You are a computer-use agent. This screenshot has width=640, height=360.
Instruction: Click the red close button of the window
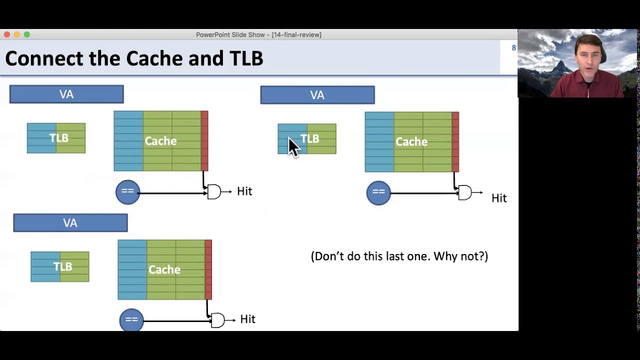7,34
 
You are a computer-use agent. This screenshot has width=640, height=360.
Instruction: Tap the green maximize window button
27,34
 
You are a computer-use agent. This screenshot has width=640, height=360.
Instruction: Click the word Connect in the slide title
44,58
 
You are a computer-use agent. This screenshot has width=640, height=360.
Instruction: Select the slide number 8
513,48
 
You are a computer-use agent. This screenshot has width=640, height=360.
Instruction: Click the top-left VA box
66,94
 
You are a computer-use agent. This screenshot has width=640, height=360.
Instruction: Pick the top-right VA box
317,95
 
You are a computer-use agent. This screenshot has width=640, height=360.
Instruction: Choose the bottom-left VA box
70,223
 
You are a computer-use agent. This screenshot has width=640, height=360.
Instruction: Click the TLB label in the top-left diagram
58,138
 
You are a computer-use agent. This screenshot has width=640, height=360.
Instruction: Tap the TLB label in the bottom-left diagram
62,266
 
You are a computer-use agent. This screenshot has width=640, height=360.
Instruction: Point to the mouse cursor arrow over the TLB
293,147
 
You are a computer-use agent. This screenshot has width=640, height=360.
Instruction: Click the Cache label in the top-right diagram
411,142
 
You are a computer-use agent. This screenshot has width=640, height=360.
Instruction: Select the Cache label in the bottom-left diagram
164,270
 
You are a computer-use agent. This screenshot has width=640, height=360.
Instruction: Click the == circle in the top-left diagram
127,192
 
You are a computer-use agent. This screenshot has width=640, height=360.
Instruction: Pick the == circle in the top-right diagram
378,192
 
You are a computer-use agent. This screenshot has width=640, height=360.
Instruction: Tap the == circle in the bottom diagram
131,320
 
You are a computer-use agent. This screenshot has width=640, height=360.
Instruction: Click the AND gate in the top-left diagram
214,192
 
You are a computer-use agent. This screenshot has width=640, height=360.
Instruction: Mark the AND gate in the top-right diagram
465,192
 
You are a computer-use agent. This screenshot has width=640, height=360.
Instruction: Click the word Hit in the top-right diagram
499,198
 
